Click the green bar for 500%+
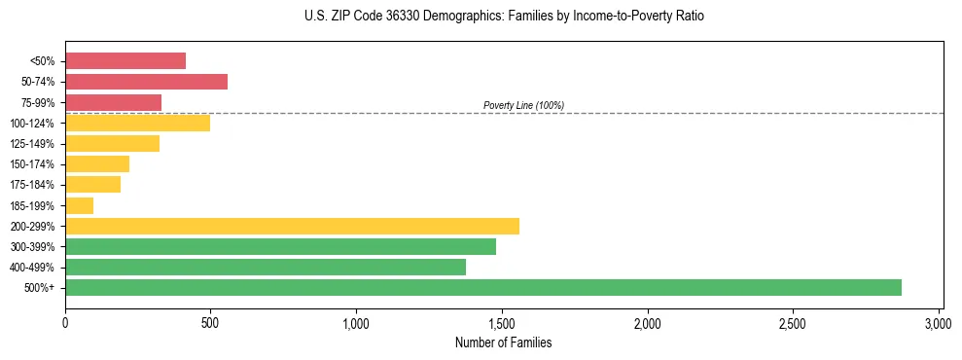tap(483, 287)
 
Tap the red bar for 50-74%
tap(146, 82)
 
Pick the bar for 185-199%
tap(80, 205)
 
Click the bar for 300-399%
tap(280, 246)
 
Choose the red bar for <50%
tap(125, 61)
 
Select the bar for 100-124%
tap(137, 123)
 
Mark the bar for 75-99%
tap(113, 102)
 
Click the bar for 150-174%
tap(97, 163)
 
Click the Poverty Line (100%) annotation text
tap(523, 105)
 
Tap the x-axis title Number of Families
tap(503, 342)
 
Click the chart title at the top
tap(503, 17)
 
